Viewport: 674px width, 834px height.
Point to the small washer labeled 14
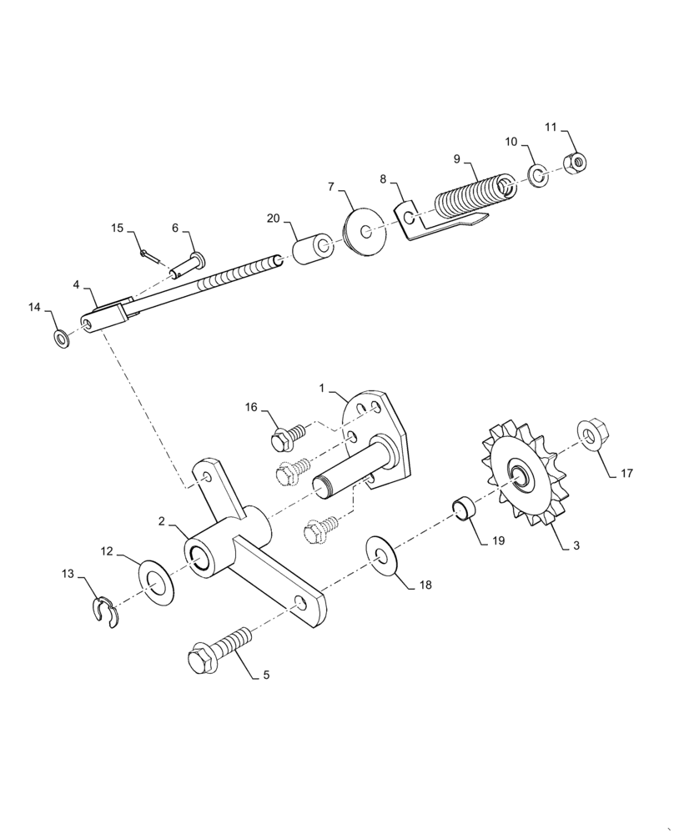pos(61,339)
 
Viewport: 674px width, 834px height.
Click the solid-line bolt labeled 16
pos(289,434)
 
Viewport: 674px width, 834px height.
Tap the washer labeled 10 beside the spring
pos(538,176)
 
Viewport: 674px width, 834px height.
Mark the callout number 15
pos(117,228)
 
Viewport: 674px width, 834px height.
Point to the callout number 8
pos(383,179)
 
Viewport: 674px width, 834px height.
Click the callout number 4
pos(76,284)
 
